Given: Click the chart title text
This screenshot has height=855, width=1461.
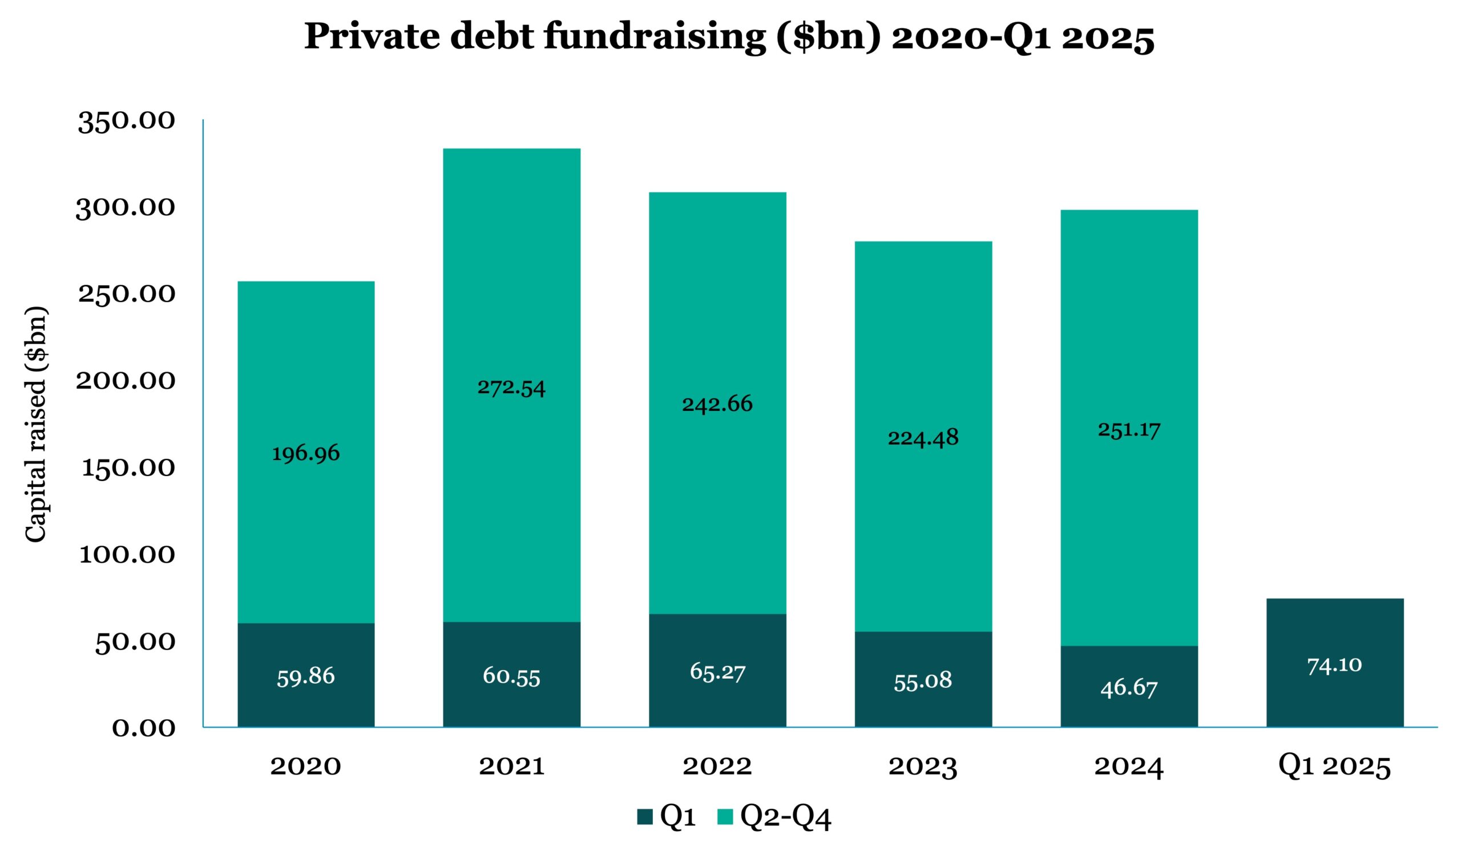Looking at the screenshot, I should (x=729, y=37).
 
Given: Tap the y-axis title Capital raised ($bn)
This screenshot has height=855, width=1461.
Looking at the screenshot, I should (x=37, y=424).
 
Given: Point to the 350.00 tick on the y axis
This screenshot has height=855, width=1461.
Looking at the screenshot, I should (x=126, y=121).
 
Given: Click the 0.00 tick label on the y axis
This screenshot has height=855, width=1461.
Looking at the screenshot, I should (x=143, y=728).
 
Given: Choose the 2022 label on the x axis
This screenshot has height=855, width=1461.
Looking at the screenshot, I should (x=717, y=767).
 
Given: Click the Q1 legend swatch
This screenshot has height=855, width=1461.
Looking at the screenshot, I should (x=645, y=817).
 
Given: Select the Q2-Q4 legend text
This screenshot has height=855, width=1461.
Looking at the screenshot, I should (x=786, y=817).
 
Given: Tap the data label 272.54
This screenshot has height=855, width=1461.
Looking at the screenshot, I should (x=511, y=387).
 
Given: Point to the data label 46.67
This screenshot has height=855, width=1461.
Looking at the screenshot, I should (x=1129, y=689).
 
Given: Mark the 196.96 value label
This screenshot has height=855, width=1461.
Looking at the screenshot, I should (x=305, y=453).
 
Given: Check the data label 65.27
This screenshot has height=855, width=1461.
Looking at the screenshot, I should (x=717, y=672).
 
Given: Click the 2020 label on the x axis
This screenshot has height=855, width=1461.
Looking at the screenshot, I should (x=305, y=767).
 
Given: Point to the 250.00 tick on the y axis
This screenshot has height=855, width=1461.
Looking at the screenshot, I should (x=126, y=295).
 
